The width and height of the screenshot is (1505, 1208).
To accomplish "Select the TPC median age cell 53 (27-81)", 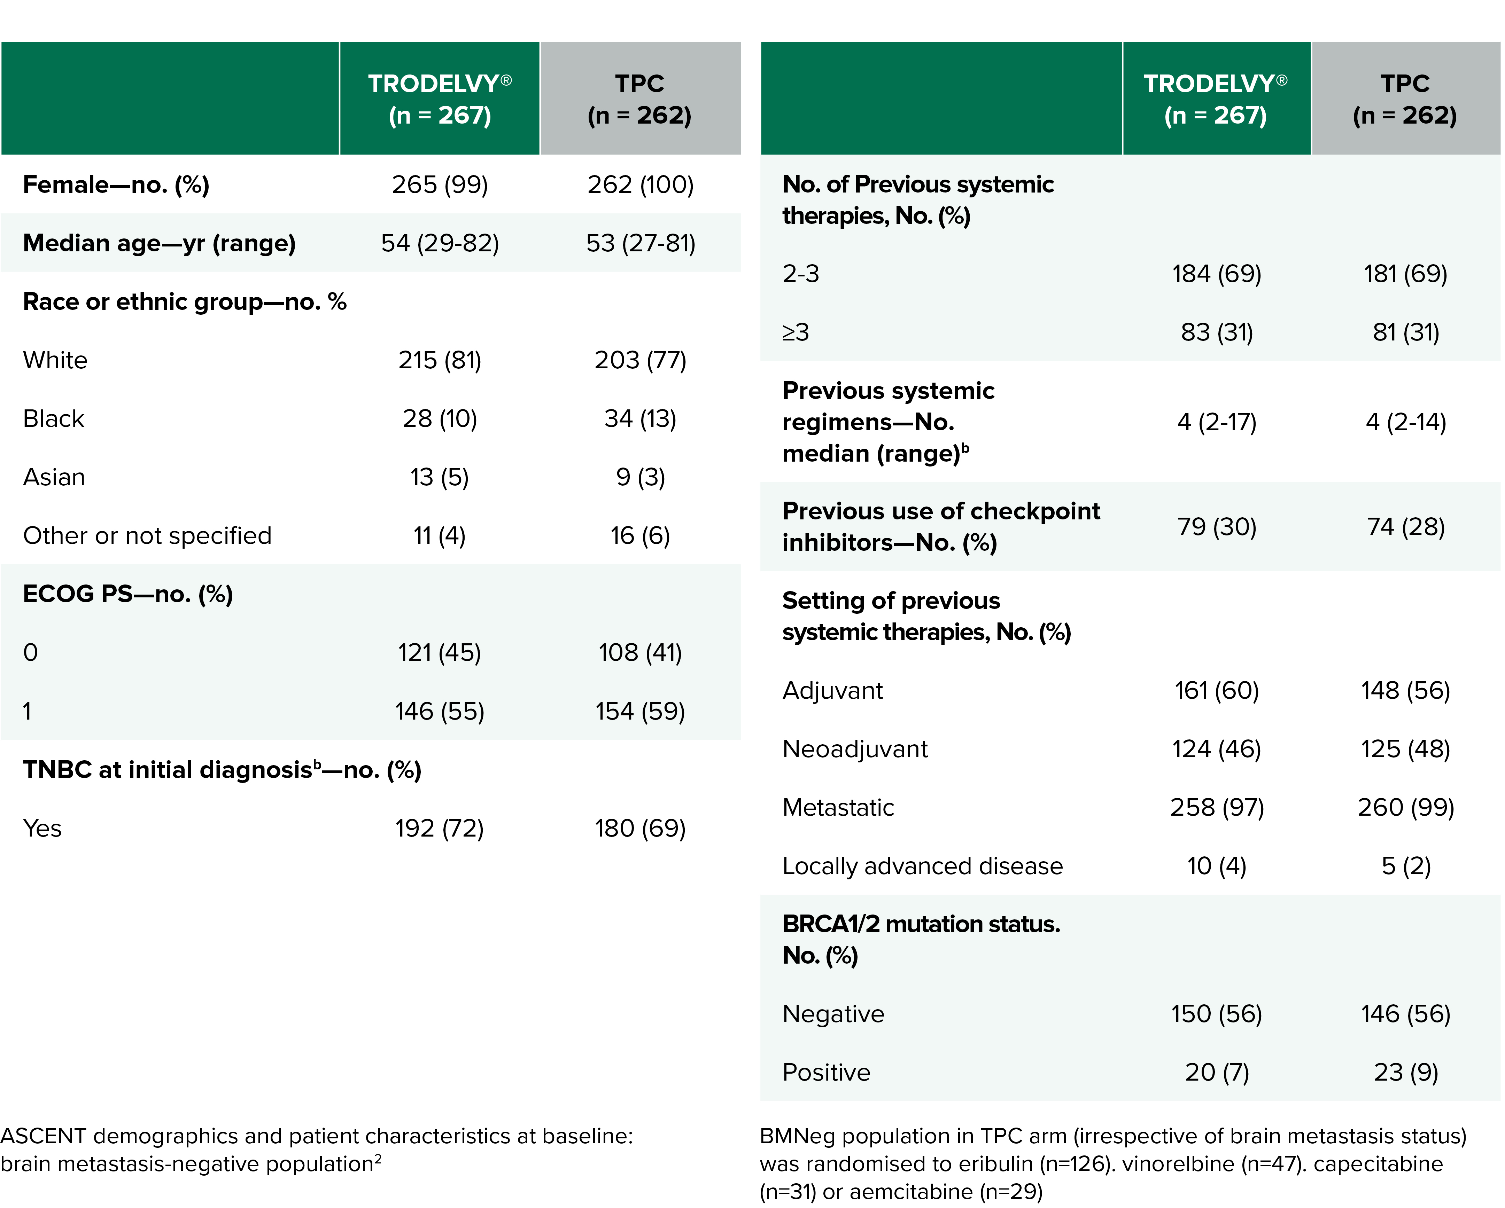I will click(x=640, y=244).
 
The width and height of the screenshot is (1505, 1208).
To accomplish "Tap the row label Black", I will click(x=54, y=419).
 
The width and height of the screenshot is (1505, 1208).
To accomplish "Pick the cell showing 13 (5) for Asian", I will click(x=439, y=477).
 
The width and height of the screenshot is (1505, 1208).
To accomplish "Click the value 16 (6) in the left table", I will click(x=640, y=536).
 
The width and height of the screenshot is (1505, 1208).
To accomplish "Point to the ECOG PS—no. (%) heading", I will click(x=128, y=594).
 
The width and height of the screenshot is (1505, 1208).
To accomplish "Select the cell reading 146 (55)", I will click(x=439, y=711).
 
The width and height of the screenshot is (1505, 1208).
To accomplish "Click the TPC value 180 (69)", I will click(x=640, y=828).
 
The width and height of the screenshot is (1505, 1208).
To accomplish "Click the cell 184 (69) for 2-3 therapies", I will click(x=1217, y=274).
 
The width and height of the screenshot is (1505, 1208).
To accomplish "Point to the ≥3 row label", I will click(x=796, y=332).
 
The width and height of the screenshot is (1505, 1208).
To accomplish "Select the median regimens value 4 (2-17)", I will click(x=1217, y=422).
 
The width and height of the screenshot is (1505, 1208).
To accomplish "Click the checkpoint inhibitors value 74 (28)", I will click(x=1405, y=527).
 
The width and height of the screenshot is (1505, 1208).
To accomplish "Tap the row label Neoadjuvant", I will click(x=855, y=749).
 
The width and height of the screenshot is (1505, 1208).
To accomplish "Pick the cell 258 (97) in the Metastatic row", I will click(x=1217, y=807).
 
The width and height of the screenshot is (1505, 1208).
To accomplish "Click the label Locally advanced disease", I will click(x=922, y=866).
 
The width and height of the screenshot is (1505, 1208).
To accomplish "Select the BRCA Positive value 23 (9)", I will click(x=1405, y=1072).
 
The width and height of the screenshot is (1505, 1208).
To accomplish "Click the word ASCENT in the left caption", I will click(x=43, y=1136).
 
